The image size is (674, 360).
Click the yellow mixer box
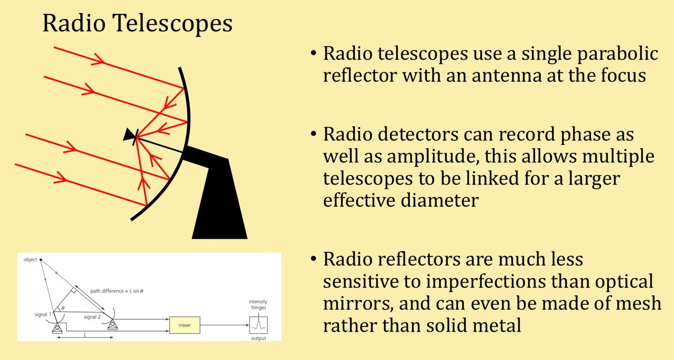[185, 324]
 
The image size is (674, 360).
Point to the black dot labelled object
[41, 260]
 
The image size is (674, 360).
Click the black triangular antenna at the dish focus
[129, 134]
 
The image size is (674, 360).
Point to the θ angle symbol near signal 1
[62, 307]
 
